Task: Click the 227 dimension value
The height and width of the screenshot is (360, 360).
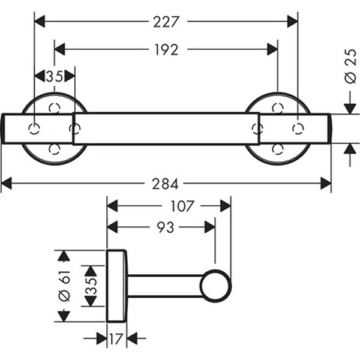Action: (x=166, y=22)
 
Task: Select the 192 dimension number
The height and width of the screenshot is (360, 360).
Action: (x=166, y=49)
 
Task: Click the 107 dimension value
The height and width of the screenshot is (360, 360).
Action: (x=182, y=206)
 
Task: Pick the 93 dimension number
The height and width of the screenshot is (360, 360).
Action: (x=161, y=227)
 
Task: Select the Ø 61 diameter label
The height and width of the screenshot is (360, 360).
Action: (x=65, y=286)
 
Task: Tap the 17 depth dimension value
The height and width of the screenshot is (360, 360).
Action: (x=116, y=339)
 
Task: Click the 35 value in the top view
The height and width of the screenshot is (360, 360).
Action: (x=54, y=76)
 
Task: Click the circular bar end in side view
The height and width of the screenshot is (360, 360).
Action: (x=215, y=286)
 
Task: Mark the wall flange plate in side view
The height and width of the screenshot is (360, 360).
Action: (x=116, y=286)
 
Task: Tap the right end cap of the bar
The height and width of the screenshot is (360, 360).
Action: (x=295, y=128)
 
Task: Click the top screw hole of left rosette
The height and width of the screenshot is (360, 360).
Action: (x=55, y=108)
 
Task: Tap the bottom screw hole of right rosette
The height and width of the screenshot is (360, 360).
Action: (x=277, y=148)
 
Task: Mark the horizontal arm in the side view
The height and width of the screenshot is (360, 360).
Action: (x=164, y=286)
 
